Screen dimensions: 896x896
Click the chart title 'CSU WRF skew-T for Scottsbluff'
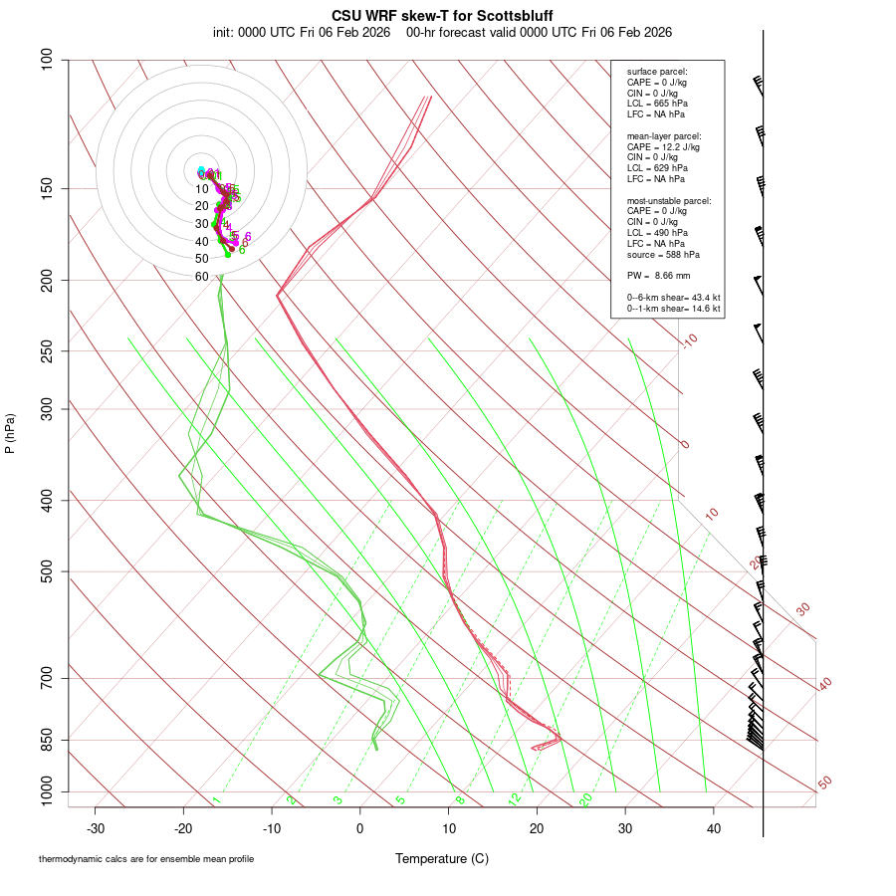(442, 16)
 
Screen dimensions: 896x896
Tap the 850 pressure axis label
(46, 741)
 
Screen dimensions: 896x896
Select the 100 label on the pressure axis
(46, 60)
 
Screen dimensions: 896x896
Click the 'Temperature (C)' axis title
(441, 858)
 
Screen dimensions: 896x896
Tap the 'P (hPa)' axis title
(10, 434)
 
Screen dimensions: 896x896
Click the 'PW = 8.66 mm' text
(658, 275)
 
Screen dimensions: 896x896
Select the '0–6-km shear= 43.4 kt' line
(673, 298)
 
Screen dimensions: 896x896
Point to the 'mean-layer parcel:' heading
(664, 135)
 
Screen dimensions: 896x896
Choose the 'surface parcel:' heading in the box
(657, 72)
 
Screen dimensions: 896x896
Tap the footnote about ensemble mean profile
(146, 859)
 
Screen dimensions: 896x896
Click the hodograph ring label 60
(201, 276)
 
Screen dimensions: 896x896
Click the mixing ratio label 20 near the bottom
(586, 799)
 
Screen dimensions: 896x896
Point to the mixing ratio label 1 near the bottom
(216, 799)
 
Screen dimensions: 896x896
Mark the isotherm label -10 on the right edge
(689, 341)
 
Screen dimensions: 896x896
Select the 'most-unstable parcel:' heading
(669, 200)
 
